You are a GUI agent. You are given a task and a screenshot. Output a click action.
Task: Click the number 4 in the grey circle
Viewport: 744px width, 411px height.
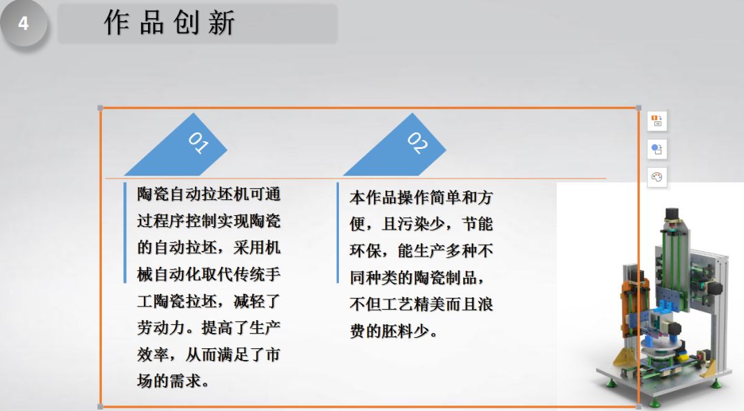tap(23, 23)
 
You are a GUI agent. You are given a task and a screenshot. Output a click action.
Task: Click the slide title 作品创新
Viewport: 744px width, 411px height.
tap(169, 23)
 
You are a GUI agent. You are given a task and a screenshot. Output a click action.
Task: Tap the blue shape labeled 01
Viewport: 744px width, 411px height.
tap(176, 144)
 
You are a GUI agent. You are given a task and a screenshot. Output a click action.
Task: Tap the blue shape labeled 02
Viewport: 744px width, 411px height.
tap(395, 144)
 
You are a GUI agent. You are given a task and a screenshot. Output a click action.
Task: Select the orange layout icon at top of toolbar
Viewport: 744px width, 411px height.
tap(657, 121)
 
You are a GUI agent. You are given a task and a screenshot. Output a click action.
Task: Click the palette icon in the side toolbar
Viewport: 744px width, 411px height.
tap(657, 177)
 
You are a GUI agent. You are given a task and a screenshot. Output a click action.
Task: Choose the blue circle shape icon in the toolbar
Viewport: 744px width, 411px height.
tap(657, 149)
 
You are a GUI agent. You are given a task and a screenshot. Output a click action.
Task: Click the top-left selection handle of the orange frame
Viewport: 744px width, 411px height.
tap(100, 108)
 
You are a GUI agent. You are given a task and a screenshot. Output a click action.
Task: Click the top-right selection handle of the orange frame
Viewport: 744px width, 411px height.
tap(639, 108)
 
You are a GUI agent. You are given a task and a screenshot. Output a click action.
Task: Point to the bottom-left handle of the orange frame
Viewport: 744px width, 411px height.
tap(100, 407)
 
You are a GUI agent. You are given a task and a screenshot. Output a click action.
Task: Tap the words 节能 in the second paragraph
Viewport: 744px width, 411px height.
tap(477, 224)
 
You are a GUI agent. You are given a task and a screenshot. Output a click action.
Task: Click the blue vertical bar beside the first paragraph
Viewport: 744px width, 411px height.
tap(125, 233)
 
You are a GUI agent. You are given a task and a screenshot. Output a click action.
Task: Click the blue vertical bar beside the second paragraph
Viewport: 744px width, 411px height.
tap(338, 233)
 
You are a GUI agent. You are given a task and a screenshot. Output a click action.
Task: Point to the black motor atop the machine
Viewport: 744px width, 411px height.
tap(672, 214)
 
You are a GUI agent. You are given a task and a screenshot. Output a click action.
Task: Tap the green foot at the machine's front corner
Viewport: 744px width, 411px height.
tap(655, 403)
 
